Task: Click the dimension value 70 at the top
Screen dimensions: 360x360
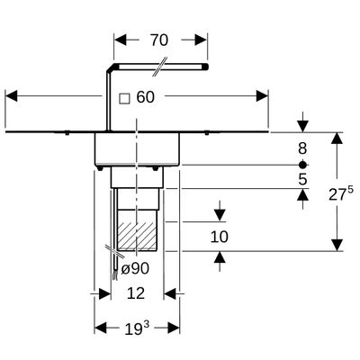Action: coord(159,40)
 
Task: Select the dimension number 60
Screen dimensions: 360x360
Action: coord(146,97)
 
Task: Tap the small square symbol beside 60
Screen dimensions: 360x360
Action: coord(124,99)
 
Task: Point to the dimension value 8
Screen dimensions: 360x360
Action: coord(302,148)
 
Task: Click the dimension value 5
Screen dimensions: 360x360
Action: coord(302,179)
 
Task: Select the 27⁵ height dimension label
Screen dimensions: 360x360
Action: coord(341,194)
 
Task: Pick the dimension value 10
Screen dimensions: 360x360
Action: coord(220,237)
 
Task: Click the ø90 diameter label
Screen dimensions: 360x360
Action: coord(135,268)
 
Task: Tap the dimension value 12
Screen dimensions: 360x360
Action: coord(136,293)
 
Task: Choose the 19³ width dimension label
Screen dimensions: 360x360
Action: coord(137,328)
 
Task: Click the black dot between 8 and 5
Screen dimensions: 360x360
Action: coord(302,165)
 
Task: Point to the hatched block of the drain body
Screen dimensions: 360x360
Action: coord(137,236)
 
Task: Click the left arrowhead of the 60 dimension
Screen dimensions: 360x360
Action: coord(12,96)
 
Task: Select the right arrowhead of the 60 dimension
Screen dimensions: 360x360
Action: coord(262,96)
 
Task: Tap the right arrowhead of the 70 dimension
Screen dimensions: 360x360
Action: coord(202,40)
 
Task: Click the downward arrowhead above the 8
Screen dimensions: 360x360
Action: coord(303,126)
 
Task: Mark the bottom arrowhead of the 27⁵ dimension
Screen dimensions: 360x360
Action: coord(337,245)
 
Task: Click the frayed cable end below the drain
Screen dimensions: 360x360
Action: coord(114,275)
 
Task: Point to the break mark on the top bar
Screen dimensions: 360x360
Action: coord(159,67)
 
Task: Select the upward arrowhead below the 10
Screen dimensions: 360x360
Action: coord(220,257)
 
